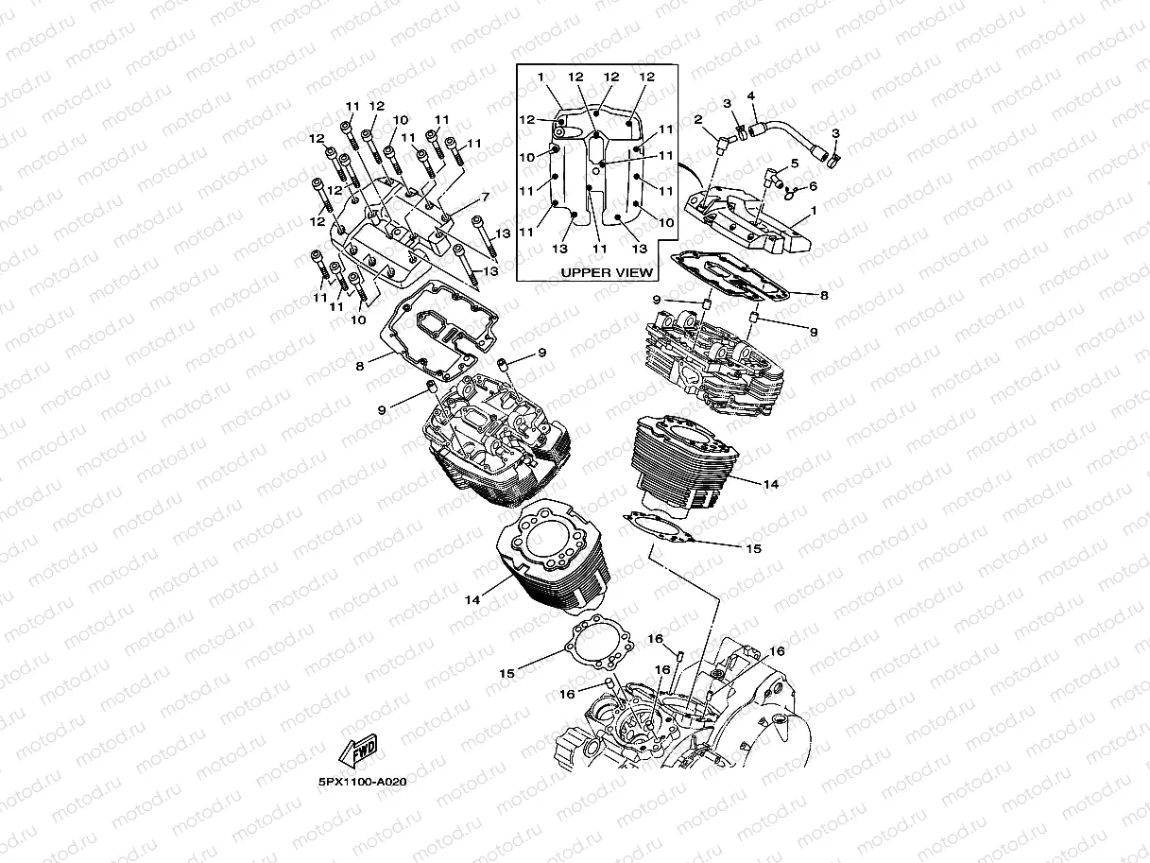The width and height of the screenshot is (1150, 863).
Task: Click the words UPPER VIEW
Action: (x=606, y=272)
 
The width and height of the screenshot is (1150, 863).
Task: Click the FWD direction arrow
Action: (x=357, y=751)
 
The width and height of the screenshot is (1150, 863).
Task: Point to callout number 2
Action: (x=697, y=120)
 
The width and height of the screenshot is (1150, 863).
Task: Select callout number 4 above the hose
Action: (x=751, y=95)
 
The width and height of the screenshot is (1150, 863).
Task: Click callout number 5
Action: (x=794, y=164)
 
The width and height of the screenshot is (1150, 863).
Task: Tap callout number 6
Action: (x=812, y=186)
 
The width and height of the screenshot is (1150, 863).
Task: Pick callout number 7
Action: (x=485, y=198)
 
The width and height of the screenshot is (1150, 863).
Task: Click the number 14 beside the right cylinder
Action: (x=770, y=484)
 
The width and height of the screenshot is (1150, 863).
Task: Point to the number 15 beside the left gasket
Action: (x=507, y=673)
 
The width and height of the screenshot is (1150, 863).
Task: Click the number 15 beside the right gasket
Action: (x=753, y=547)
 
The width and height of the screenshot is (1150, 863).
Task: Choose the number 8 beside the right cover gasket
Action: (x=824, y=295)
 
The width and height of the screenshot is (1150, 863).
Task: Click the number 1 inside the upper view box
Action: (x=541, y=76)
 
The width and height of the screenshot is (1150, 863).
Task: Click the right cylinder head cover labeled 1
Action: (x=756, y=222)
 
